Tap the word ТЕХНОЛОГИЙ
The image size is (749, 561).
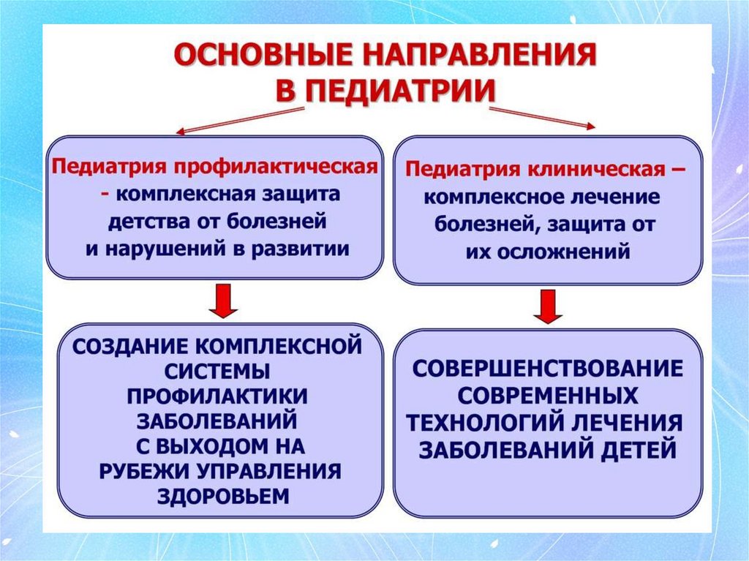[482, 423]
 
